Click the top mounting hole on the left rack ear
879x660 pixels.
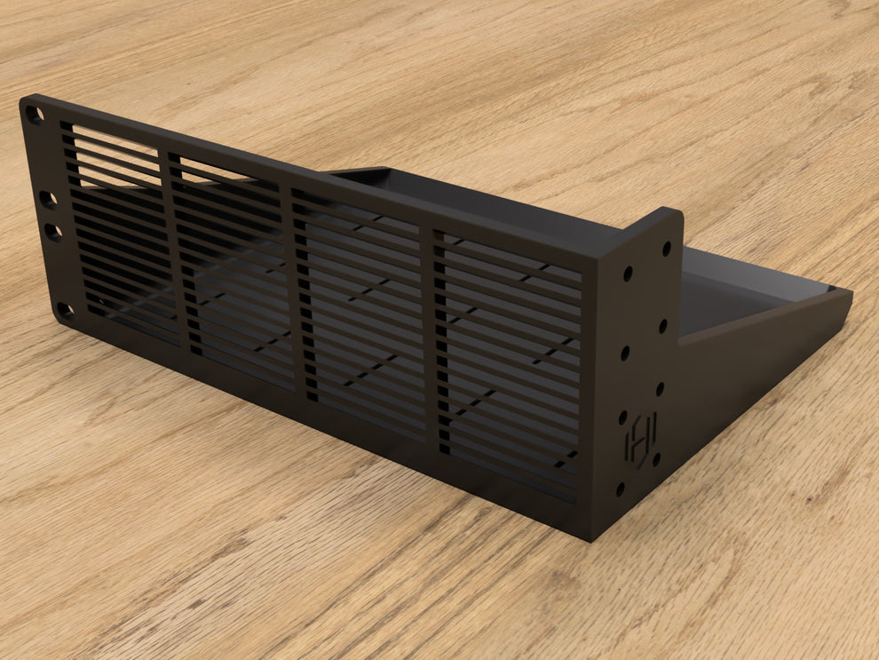[35, 115]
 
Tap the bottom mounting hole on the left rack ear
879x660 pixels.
[64, 312]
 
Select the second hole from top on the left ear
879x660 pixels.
[47, 199]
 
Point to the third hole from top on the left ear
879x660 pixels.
[53, 233]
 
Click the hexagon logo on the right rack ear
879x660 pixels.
[638, 439]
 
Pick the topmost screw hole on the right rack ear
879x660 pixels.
[666, 249]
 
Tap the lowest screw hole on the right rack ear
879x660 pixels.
[620, 489]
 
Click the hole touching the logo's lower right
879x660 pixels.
[656, 458]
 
